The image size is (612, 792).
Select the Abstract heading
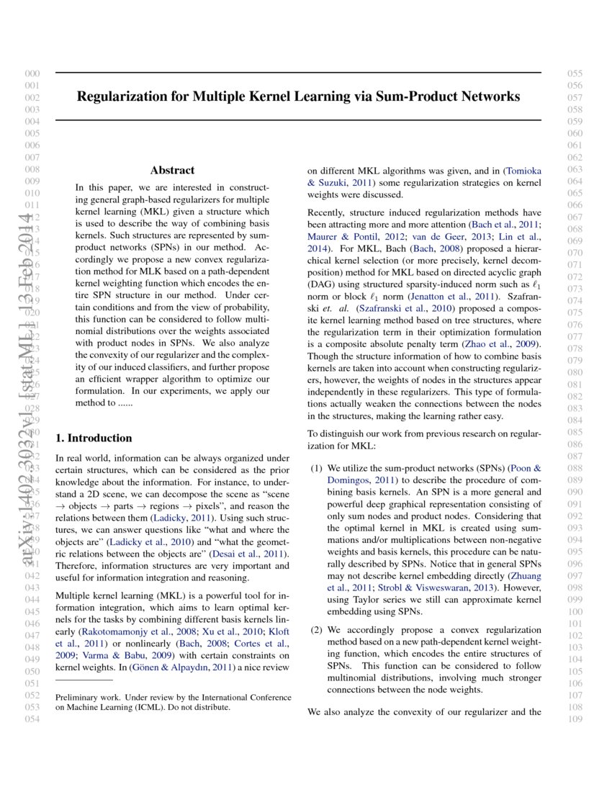click(x=172, y=171)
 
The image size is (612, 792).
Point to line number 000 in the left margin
click(x=32, y=73)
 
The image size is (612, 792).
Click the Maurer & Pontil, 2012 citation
click(x=349, y=237)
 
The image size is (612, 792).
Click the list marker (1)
click(x=316, y=468)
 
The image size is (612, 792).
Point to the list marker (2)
click(x=316, y=630)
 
